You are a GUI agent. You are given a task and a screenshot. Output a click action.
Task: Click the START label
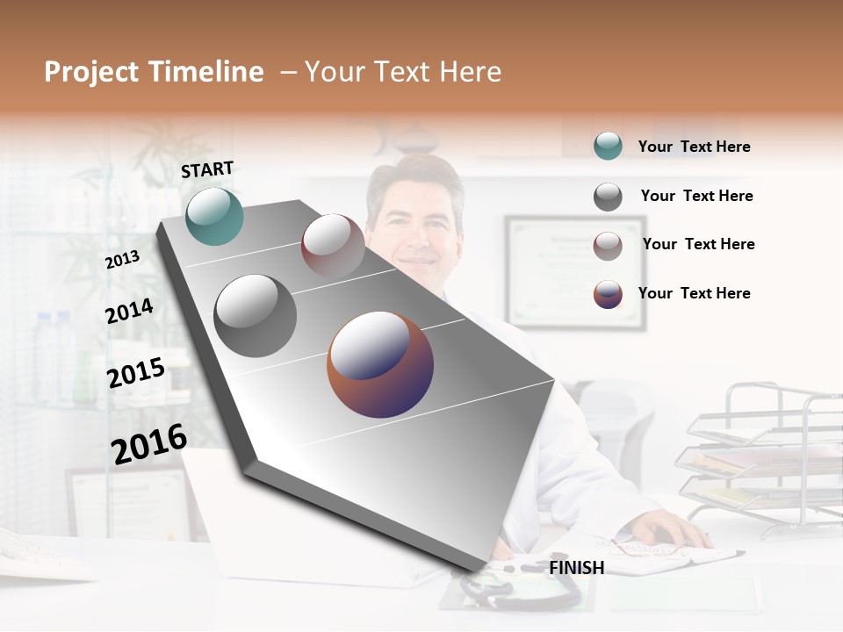(207, 169)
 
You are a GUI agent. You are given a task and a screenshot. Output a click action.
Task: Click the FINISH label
(576, 568)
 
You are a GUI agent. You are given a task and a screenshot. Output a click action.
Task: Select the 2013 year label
(122, 259)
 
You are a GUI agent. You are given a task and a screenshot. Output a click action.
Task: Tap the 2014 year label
(129, 311)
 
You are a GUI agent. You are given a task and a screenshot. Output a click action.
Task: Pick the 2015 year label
(136, 373)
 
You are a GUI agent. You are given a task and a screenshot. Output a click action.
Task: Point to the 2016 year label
(149, 443)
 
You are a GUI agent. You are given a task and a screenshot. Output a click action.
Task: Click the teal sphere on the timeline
(214, 216)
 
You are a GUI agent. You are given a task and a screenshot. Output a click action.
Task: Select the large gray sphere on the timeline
(255, 315)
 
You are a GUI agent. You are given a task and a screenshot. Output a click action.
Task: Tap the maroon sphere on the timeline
(333, 245)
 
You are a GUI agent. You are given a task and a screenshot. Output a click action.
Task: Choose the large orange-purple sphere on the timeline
(380, 364)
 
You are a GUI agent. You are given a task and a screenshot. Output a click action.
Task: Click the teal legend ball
(608, 147)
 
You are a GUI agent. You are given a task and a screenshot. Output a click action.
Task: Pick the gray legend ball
(608, 197)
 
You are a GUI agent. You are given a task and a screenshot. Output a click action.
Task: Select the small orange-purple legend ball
(608, 294)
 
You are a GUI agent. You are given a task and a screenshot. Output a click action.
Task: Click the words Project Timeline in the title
(154, 72)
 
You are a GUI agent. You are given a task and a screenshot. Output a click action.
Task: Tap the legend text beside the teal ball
(694, 147)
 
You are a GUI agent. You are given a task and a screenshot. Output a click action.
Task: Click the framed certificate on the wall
(575, 272)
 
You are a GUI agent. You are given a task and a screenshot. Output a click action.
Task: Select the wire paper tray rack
(764, 456)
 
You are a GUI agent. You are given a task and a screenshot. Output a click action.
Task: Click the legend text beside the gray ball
(696, 196)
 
